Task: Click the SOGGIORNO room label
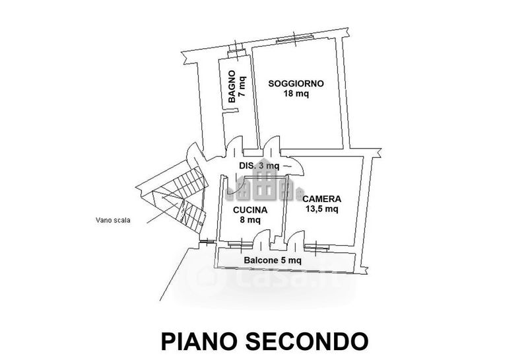[296, 83]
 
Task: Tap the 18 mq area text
[296, 94]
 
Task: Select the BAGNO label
[232, 87]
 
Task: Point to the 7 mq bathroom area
[242, 86]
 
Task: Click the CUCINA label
[250, 210]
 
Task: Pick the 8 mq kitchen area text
[250, 221]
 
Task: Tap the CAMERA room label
[321, 199]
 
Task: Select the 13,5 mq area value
[321, 209]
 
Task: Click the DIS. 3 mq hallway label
[259, 166]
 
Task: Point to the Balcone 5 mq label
[273, 260]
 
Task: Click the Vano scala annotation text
[113, 221]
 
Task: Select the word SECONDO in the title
[306, 341]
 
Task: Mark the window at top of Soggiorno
[295, 39]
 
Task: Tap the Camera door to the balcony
[296, 240]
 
